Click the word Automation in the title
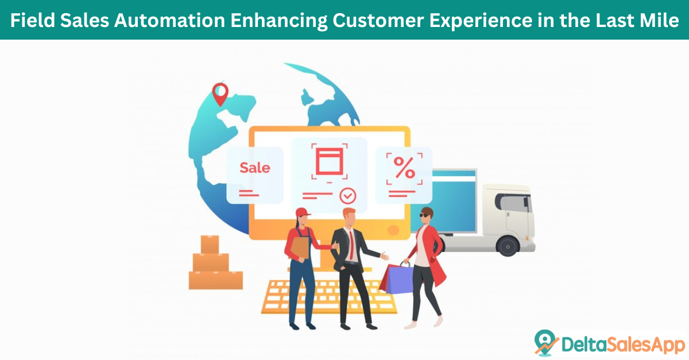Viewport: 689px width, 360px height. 169,20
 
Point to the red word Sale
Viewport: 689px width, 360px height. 255,168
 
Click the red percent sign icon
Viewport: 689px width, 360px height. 404,168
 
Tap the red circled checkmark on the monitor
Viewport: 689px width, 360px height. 348,196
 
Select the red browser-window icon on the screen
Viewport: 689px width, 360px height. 330,161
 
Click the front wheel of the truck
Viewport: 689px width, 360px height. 508,246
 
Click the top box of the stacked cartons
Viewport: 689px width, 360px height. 210,245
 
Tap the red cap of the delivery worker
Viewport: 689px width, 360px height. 303,212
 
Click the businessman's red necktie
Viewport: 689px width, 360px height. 351,245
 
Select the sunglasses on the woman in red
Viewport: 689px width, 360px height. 424,215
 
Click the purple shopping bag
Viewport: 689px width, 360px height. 399,279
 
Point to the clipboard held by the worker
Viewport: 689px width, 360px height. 300,248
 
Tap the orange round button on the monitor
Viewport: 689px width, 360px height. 393,230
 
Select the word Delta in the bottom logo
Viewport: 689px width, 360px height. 583,344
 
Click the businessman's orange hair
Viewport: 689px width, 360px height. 350,212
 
